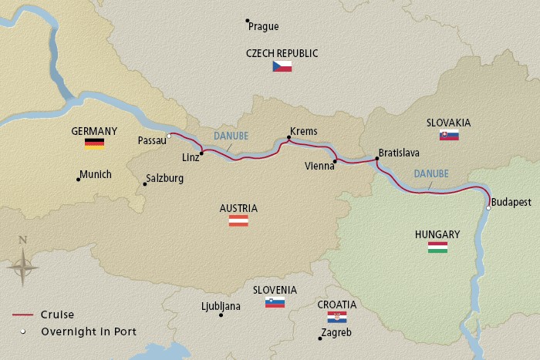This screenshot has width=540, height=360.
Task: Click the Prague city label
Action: pos(264,26)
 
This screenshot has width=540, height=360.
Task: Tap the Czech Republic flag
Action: pos(282,66)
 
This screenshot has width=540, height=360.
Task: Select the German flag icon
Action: pos(94,143)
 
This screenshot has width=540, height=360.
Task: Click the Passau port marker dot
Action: pos(169,136)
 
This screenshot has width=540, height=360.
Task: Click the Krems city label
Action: pos(303,132)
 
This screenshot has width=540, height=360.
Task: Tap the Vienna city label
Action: pos(319,166)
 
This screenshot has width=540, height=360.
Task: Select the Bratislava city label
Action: pos(399,153)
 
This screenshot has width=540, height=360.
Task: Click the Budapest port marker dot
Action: pos(488,207)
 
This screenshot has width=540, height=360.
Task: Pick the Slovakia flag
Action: pos(449,135)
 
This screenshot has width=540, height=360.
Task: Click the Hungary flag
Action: pos(437,247)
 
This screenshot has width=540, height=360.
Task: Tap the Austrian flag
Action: pos(238,220)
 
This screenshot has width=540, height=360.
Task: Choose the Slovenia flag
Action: pos(275,302)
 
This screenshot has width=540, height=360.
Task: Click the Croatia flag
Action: pos(337,317)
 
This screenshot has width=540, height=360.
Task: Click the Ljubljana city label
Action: pos(221,306)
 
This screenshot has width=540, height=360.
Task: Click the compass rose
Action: pos(23,267)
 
